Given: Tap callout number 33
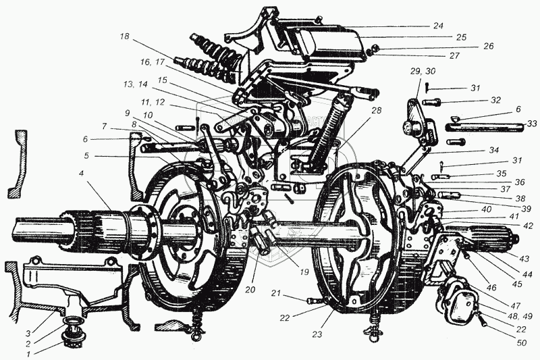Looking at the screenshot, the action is [531, 124].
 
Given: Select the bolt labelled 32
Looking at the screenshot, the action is [433, 101].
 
